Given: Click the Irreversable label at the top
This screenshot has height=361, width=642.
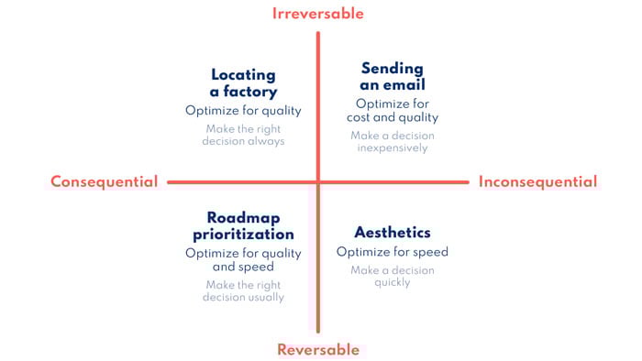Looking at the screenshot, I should (x=318, y=14).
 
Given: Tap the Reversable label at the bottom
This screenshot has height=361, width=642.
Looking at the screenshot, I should (x=318, y=349).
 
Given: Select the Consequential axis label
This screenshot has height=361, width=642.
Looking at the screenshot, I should (x=104, y=181).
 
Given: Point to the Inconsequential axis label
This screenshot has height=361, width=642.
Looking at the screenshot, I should (x=537, y=181).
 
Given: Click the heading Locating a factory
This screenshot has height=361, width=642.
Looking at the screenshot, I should (x=243, y=82).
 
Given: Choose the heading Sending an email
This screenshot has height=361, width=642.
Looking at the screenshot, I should (x=393, y=77).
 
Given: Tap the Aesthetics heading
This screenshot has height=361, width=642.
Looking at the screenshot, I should (x=393, y=232).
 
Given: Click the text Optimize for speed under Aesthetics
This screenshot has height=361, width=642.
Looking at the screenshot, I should (x=393, y=252).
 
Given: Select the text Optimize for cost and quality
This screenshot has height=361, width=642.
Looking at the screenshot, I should (x=393, y=110).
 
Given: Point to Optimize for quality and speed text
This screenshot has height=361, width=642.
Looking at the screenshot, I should (x=243, y=260).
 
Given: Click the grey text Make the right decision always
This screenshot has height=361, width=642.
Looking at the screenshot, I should (x=243, y=135).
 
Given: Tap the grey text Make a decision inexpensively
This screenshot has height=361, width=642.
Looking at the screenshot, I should (x=393, y=141).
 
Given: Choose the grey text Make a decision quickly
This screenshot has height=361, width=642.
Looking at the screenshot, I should (x=393, y=276).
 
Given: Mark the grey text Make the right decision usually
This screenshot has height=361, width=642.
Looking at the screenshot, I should (x=243, y=290).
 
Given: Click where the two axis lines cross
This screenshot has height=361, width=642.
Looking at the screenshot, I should (x=318, y=181).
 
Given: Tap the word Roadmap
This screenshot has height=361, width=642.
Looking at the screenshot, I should (x=243, y=217).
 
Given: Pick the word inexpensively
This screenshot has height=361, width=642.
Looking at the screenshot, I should (x=393, y=148).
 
